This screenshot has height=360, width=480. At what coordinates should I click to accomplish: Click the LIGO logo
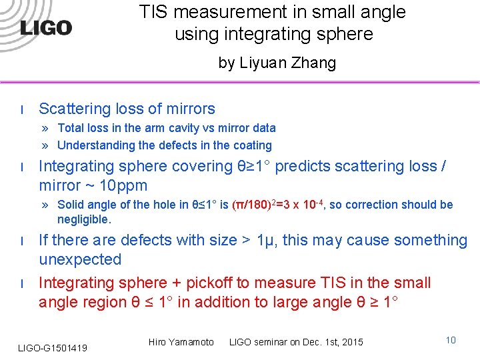(x=46, y=27)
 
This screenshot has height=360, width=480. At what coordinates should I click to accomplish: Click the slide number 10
(x=451, y=341)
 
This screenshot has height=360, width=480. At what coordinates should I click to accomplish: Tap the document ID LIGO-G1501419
(x=53, y=347)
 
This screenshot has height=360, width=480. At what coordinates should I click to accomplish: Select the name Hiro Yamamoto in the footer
(x=181, y=342)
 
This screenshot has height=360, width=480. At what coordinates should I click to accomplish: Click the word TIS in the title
(x=155, y=12)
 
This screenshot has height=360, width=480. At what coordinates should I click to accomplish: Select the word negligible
(x=84, y=219)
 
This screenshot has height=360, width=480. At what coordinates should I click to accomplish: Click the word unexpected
(x=80, y=259)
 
